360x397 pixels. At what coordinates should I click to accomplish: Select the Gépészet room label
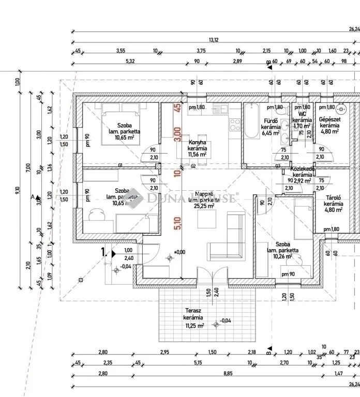[x=329, y=118]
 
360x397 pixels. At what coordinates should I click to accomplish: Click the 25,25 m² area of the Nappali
[x=197, y=206]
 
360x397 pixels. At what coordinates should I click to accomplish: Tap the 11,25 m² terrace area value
[x=194, y=326]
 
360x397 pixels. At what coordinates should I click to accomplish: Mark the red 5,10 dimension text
[x=177, y=223]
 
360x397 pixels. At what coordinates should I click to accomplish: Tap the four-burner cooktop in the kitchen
[x=235, y=124]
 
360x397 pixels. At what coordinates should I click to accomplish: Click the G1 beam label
[x=120, y=165]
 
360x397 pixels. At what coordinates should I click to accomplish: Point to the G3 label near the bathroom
[x=278, y=165]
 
